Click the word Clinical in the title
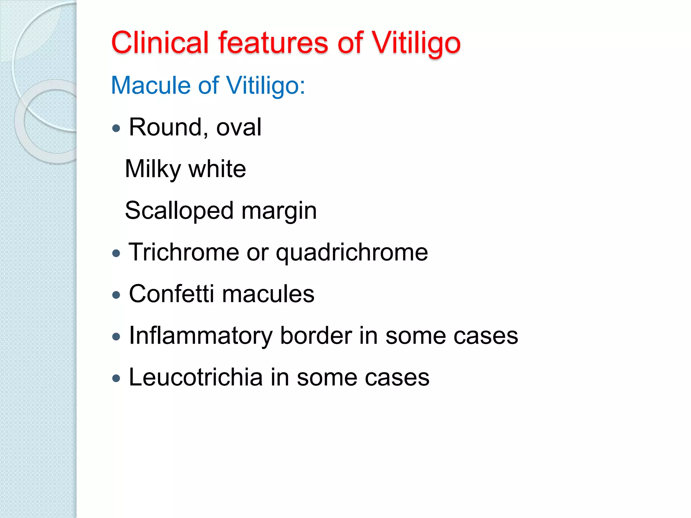point(160,43)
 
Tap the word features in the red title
point(273,43)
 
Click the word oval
point(239,127)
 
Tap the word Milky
point(153,169)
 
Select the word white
point(217,169)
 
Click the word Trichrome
point(184,252)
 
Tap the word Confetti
point(171,294)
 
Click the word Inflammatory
point(200,336)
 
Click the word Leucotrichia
point(196,377)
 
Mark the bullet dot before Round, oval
point(116,128)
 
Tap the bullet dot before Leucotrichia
point(116,378)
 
